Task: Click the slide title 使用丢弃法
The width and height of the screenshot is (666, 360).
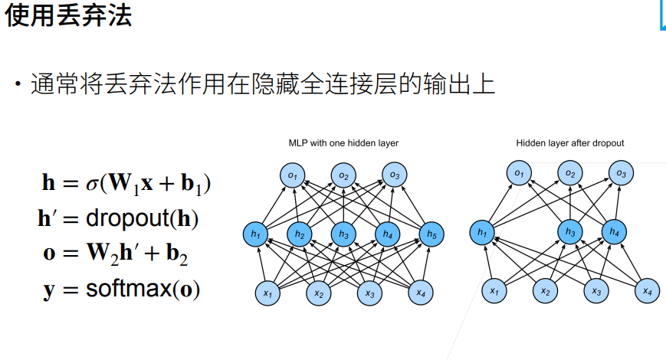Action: pyautogui.click(x=68, y=15)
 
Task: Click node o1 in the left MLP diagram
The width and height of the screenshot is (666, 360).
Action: pyautogui.click(x=293, y=175)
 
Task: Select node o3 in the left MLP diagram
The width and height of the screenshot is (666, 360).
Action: pyautogui.click(x=394, y=175)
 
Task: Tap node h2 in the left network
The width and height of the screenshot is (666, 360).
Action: pyautogui.click(x=300, y=234)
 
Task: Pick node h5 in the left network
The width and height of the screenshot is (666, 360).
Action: pyautogui.click(x=431, y=234)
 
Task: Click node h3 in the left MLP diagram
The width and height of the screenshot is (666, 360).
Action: pyautogui.click(x=343, y=234)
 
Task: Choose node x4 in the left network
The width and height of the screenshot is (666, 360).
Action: pyautogui.click(x=419, y=292)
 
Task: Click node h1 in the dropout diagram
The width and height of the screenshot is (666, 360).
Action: pyautogui.click(x=481, y=232)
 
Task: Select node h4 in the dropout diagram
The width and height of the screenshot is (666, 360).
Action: pyautogui.click(x=614, y=232)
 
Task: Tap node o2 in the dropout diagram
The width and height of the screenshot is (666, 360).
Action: pyautogui.click(x=569, y=174)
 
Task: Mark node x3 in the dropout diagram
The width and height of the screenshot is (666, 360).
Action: pyautogui.click(x=595, y=291)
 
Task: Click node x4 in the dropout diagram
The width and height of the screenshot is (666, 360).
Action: pyautogui.click(x=647, y=291)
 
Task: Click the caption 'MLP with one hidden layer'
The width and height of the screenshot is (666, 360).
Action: pyautogui.click(x=343, y=143)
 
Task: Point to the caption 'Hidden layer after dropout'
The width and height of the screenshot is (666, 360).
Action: pyautogui.click(x=569, y=143)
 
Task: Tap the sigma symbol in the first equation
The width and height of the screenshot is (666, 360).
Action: pyautogui.click(x=92, y=184)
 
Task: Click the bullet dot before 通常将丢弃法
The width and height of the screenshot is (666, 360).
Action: pyautogui.click(x=15, y=83)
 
